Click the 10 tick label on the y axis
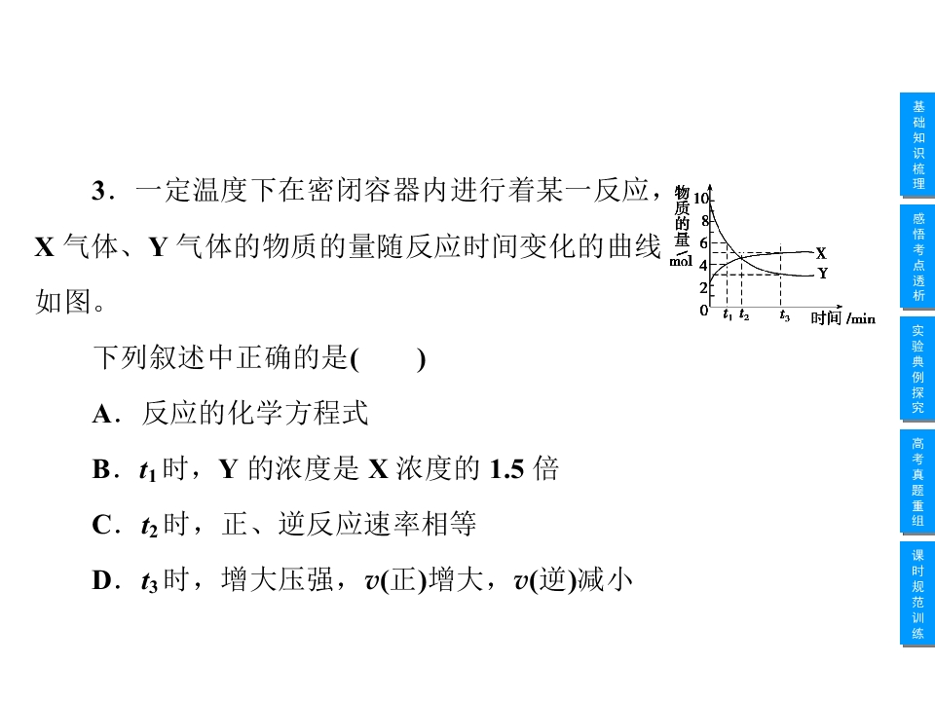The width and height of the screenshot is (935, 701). pos(700,199)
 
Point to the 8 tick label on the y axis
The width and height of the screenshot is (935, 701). pos(705,221)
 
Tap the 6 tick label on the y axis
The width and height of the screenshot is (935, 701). pos(703,242)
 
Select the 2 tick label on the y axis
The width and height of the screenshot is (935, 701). pos(703,287)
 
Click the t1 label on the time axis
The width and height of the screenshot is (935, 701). pos(728,314)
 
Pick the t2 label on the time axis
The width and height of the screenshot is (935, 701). pos(743,314)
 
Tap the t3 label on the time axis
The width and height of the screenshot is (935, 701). pos(784,315)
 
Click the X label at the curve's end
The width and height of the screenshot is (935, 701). pos(821,253)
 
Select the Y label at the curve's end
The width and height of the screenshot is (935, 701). pos(822,274)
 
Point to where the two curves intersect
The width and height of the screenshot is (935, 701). pos(740,257)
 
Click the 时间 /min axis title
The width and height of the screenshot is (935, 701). pos(842,317)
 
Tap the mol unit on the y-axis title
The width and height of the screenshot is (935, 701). pos(681,261)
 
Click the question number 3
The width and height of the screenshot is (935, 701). pos(99,191)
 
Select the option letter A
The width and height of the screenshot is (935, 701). pos(102,414)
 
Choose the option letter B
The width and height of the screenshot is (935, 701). pos(101,469)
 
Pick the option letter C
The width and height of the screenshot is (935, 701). pos(101,525)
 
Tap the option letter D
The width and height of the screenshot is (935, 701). pos(101,580)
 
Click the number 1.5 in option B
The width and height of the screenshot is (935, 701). pos(506,469)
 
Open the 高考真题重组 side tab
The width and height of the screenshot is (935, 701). pos(917,482)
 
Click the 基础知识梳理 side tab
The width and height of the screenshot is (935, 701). pos(917,145)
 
